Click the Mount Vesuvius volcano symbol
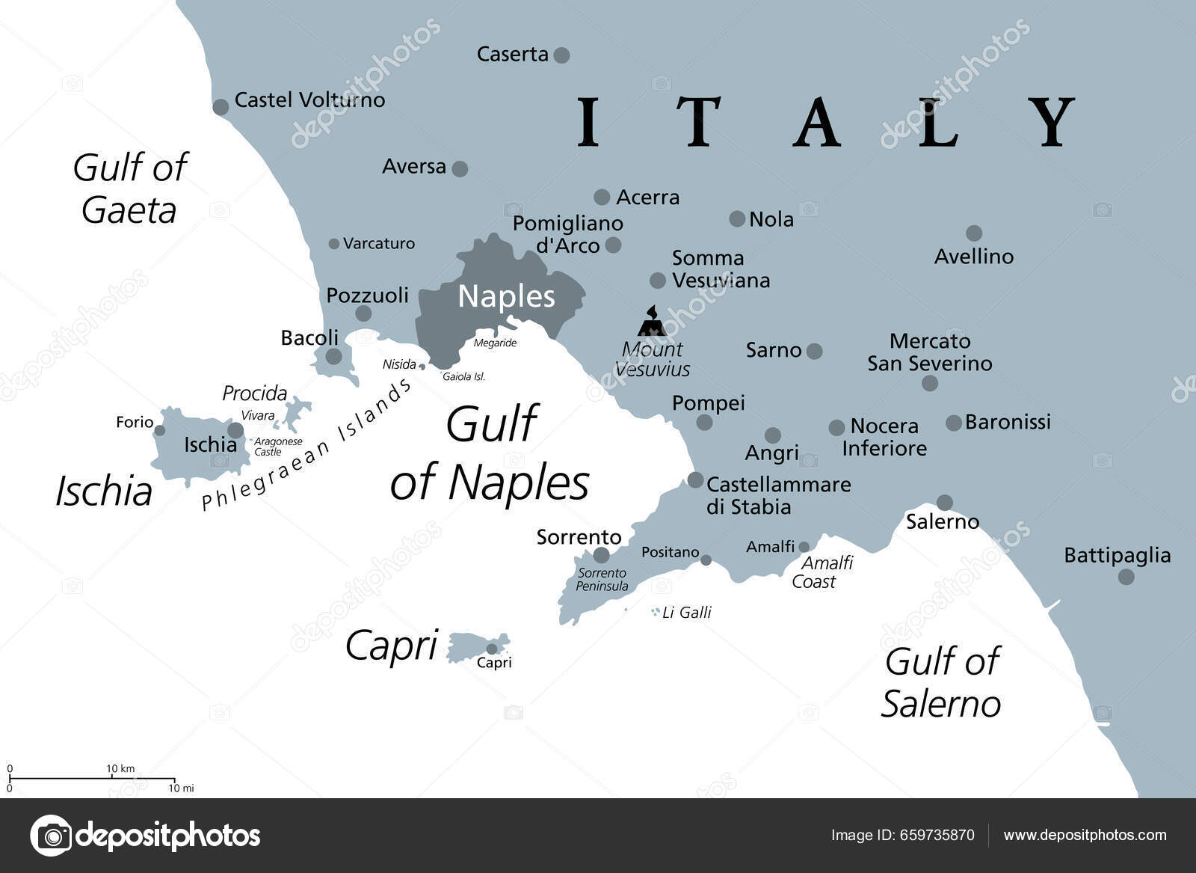(652, 322)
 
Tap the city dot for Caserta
(561, 55)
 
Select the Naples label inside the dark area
(506, 297)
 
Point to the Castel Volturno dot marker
(221, 107)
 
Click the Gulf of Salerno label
(941, 682)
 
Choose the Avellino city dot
(973, 233)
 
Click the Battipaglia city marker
(1126, 577)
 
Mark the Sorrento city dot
(601, 555)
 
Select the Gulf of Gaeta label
(129, 189)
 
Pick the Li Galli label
(686, 613)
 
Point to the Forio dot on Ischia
(159, 430)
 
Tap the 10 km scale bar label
(120, 769)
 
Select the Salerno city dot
(945, 502)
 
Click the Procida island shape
(298, 410)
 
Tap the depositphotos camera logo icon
(51, 836)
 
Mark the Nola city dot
(737, 218)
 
